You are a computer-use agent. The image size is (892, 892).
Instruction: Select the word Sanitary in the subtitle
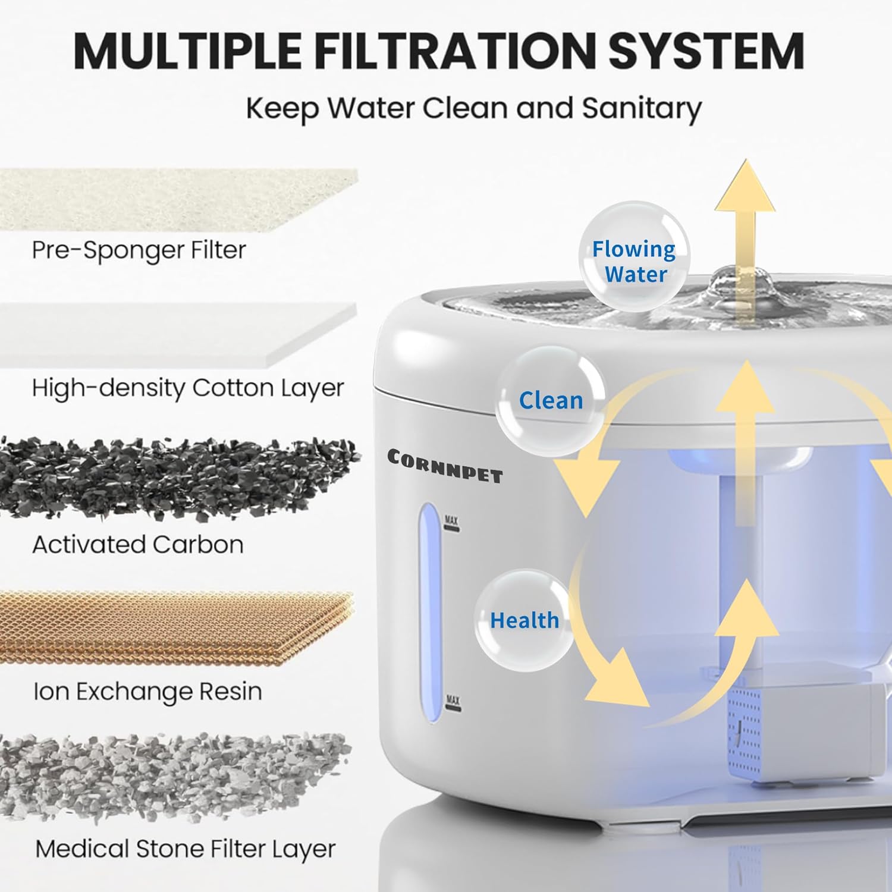tap(642, 108)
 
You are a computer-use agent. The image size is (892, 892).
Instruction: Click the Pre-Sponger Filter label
tap(139, 250)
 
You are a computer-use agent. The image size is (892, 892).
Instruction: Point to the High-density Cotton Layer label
tap(188, 388)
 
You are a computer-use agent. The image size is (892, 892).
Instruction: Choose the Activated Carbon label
tap(138, 544)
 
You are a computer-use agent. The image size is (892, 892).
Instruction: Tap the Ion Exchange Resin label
tap(147, 692)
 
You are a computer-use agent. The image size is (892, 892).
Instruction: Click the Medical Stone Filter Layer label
tap(186, 849)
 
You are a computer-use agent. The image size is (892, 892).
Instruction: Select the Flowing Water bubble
tap(633, 262)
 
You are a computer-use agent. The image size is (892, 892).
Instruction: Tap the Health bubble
tap(524, 620)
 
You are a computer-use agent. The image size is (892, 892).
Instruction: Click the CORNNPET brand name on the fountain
tap(445, 466)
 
